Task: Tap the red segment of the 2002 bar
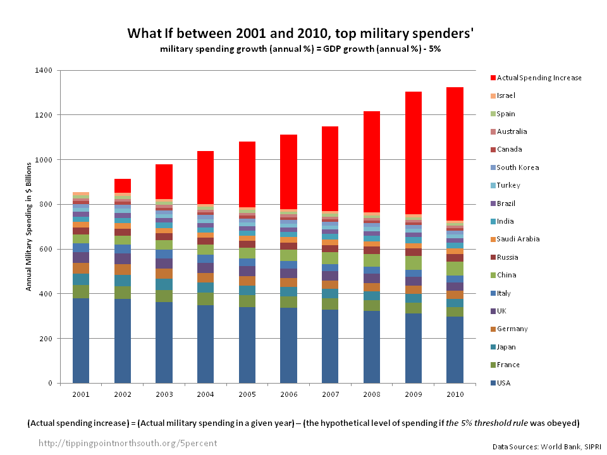[x=123, y=186]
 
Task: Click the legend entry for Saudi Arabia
[x=514, y=240]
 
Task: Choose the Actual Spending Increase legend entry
[x=539, y=78]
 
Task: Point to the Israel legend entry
[x=506, y=96]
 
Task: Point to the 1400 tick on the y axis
[x=46, y=70]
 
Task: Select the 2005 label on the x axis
[x=247, y=394]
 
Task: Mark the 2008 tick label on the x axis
[x=372, y=394]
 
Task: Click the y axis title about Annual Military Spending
[x=29, y=226]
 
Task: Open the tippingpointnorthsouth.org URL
[x=128, y=443]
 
